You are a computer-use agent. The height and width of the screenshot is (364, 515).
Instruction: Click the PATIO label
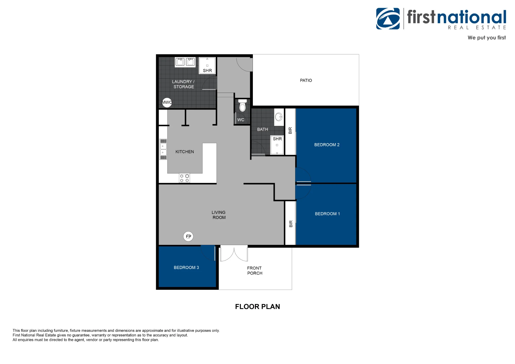306,81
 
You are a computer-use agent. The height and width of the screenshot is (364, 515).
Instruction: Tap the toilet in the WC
242,106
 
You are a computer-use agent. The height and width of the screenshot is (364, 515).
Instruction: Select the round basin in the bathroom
279,117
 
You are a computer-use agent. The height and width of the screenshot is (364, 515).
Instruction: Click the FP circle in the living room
188,236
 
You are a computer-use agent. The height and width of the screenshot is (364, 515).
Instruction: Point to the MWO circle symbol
167,102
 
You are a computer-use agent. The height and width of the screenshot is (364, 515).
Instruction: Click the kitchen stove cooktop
184,178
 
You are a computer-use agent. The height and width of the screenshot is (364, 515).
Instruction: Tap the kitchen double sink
163,149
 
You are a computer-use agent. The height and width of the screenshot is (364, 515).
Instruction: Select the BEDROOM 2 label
327,145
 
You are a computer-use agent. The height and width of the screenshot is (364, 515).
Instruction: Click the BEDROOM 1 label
327,214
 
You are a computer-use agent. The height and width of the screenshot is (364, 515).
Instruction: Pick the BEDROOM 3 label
186,268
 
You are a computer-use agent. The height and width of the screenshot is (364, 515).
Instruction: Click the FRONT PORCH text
255,271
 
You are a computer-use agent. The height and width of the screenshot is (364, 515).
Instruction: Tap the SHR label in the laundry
207,71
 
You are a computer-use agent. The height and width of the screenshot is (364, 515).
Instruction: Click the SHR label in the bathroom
277,139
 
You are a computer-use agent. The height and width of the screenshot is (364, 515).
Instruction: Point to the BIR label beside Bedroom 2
290,131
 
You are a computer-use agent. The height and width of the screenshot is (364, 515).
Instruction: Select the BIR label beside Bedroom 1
291,224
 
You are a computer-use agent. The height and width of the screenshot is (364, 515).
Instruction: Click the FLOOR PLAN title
257,307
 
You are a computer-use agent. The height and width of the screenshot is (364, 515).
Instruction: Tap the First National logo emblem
388,19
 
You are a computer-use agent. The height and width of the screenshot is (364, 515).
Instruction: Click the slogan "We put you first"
487,38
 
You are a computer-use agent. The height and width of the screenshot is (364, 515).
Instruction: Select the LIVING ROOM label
219,215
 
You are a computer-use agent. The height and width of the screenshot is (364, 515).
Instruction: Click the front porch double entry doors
234,254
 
